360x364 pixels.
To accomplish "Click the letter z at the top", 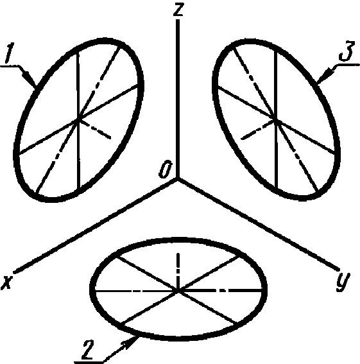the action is click(178, 10).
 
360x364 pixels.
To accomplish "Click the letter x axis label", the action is click(7, 281).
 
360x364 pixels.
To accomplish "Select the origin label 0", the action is click(166, 169).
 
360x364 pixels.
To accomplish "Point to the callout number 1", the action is click(9, 53).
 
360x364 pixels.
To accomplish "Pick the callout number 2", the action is click(87, 349).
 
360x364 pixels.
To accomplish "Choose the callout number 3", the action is click(347, 51).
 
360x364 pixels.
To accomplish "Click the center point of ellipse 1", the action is click(78, 119).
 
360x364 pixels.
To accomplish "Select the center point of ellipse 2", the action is click(178, 290).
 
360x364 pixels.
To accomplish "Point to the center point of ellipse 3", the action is click(276, 120).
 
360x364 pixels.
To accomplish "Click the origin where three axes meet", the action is click(178, 178).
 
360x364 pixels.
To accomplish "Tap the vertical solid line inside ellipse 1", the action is click(78, 120).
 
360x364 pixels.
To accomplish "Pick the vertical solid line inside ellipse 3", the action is click(276, 119).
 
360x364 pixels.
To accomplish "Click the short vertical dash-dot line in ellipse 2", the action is click(178, 271).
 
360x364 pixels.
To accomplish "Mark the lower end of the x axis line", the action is click(15, 271).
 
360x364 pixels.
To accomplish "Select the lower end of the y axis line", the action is click(338, 269).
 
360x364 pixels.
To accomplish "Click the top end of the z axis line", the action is click(178, 20).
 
